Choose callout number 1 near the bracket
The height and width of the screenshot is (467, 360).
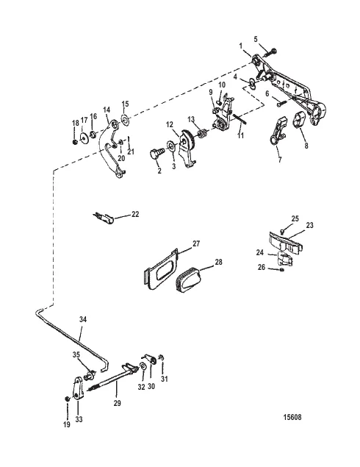pos(242,46)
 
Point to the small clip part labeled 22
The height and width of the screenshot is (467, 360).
pos(104,217)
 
